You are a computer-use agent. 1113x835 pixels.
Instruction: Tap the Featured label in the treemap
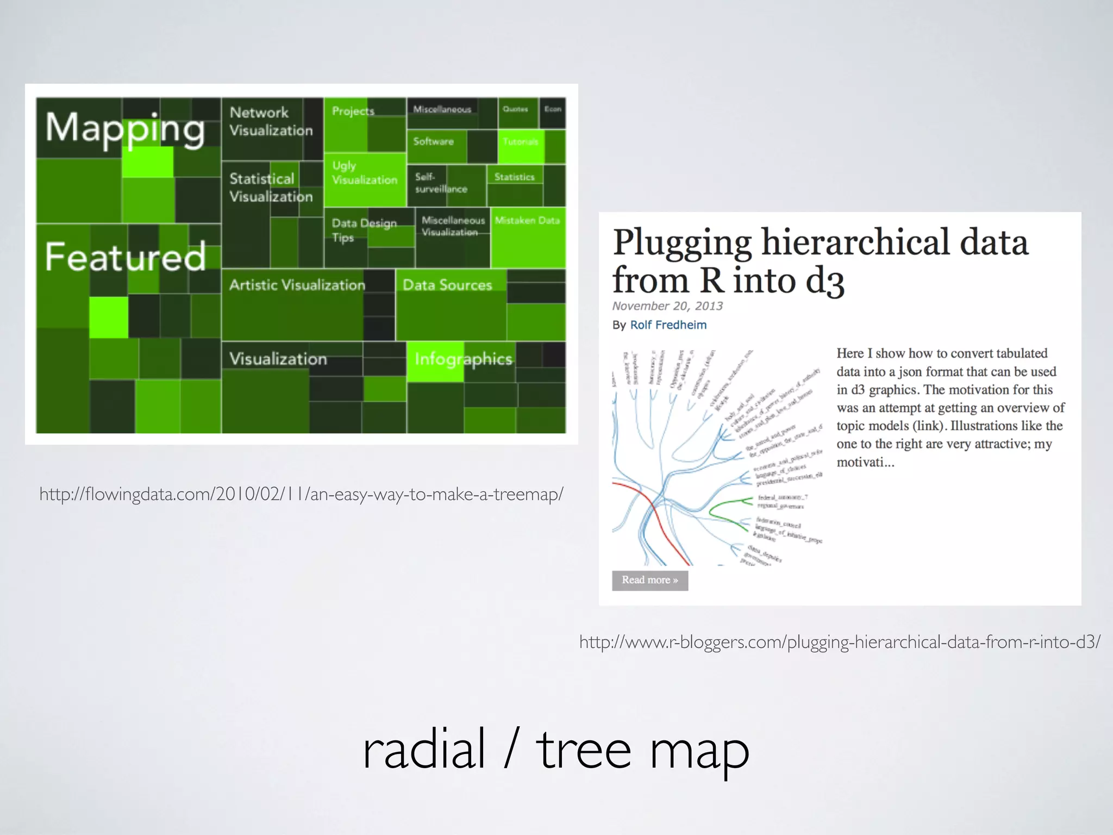[125, 257]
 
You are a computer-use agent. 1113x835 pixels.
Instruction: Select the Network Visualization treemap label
[271, 121]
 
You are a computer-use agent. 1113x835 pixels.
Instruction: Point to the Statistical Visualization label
[271, 188]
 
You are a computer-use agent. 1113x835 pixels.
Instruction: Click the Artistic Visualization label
[297, 285]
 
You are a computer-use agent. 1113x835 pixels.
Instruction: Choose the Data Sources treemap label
[447, 285]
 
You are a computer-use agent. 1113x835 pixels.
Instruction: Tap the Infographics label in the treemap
[463, 359]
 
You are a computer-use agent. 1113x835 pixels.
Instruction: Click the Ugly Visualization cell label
[364, 173]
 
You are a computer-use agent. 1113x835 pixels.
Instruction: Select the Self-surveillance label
[441, 183]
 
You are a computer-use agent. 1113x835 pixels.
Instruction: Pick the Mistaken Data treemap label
[527, 220]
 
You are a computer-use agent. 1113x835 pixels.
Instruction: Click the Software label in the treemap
[433, 141]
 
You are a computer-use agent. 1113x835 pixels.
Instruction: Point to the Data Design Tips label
[364, 230]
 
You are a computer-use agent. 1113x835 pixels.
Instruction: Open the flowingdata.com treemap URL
[301, 494]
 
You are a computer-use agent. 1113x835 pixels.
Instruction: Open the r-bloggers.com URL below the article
[840, 642]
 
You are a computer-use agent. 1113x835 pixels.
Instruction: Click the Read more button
[649, 580]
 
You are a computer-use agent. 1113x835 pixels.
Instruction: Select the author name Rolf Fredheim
[668, 325]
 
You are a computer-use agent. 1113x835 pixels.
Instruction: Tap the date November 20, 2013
[667, 306]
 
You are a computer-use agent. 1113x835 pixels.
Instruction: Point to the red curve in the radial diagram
[660, 522]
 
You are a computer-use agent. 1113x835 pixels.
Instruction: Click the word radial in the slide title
[423, 750]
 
